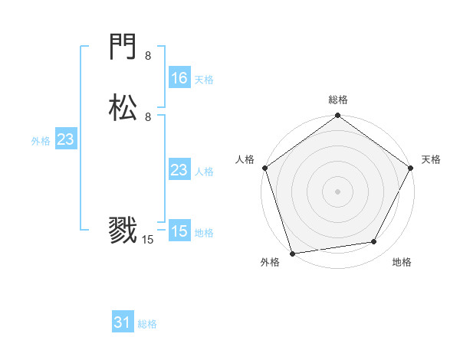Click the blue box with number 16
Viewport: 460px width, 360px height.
(x=179, y=77)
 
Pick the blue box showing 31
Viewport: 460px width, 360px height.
(x=123, y=322)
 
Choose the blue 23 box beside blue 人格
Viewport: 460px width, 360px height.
(x=179, y=170)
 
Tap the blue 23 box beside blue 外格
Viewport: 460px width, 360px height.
(x=65, y=139)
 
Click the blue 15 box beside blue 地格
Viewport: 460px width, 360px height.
(x=179, y=231)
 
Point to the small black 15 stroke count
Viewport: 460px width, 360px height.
(x=148, y=240)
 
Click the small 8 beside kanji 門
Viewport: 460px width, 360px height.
(x=148, y=56)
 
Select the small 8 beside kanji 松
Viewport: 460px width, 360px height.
(x=148, y=117)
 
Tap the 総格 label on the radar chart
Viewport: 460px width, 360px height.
(x=338, y=100)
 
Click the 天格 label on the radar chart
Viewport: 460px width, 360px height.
(x=432, y=159)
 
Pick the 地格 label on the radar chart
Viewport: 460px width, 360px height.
(x=402, y=262)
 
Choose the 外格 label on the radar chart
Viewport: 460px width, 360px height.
(x=270, y=262)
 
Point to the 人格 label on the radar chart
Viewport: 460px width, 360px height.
(x=245, y=159)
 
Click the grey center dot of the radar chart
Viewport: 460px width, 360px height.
(x=337, y=191)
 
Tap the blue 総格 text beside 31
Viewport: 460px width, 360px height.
(x=147, y=324)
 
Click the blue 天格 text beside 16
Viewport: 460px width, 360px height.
(x=204, y=79)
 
